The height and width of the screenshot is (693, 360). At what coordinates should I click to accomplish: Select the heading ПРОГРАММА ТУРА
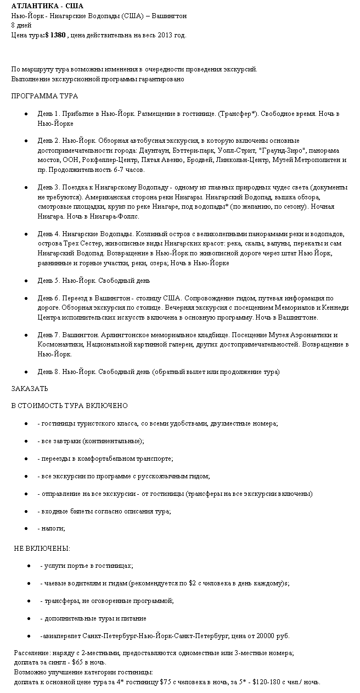44,96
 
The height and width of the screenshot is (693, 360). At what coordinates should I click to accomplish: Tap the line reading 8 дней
21,26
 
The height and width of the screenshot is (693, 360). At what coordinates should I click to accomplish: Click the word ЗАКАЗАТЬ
30,389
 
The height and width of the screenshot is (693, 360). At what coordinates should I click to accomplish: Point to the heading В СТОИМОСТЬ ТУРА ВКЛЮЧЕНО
69,406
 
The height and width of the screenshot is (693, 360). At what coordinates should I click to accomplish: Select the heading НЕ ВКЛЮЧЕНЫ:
42,549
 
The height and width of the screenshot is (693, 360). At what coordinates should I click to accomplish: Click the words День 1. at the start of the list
48,114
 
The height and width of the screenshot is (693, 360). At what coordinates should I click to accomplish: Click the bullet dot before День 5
26,281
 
